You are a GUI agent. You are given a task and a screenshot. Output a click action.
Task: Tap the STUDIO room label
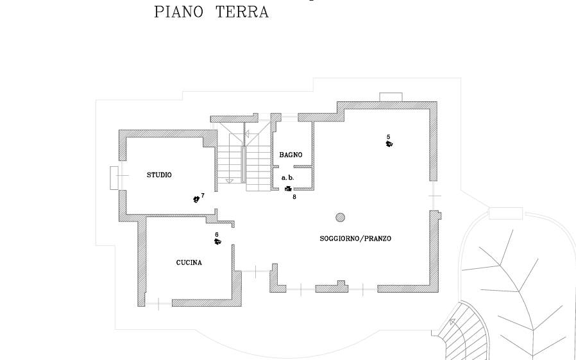[x=159, y=175]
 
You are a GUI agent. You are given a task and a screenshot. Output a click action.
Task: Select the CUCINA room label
[x=189, y=262]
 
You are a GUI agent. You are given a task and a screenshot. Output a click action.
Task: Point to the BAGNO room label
[x=291, y=155]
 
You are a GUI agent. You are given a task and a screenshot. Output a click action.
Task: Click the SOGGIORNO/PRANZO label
[x=355, y=239]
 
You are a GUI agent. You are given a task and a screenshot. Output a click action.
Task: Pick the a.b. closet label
[x=287, y=177]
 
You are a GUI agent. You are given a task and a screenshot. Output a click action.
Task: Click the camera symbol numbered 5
[x=389, y=144]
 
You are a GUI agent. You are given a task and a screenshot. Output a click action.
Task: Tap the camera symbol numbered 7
[x=196, y=200]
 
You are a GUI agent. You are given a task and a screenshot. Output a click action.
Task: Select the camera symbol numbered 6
[x=217, y=242]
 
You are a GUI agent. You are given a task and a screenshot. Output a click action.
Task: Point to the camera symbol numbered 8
[x=288, y=189]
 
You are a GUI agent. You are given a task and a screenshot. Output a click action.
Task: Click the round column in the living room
[x=341, y=217]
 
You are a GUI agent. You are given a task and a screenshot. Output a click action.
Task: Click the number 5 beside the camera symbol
[x=388, y=137]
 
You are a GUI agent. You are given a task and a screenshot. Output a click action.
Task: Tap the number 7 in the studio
[x=203, y=195]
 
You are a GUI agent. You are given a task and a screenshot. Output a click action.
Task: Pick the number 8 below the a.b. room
[x=294, y=197]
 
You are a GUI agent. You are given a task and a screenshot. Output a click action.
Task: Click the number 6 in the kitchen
[x=217, y=234]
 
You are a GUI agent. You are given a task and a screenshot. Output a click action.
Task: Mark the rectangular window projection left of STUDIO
[x=114, y=178]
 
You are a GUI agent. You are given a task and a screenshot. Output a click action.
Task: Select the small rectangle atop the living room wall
[x=391, y=97]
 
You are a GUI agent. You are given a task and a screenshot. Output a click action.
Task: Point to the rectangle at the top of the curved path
[x=505, y=213]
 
